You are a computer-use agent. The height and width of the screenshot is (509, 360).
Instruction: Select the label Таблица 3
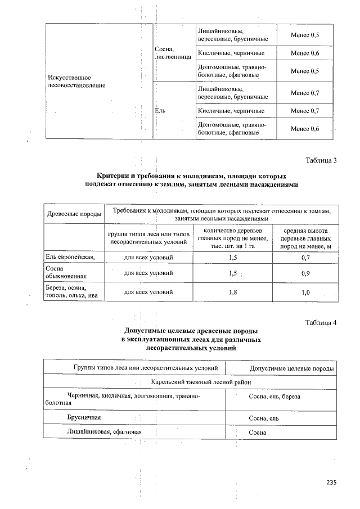321,160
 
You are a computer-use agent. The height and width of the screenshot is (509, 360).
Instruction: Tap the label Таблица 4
321,322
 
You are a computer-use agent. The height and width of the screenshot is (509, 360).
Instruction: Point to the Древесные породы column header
74,214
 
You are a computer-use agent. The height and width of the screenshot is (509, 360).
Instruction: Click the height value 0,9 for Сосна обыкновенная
305,273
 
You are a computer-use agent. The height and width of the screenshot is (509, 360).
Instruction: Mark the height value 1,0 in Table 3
305,292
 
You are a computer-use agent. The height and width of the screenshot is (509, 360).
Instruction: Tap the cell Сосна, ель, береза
274,396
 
